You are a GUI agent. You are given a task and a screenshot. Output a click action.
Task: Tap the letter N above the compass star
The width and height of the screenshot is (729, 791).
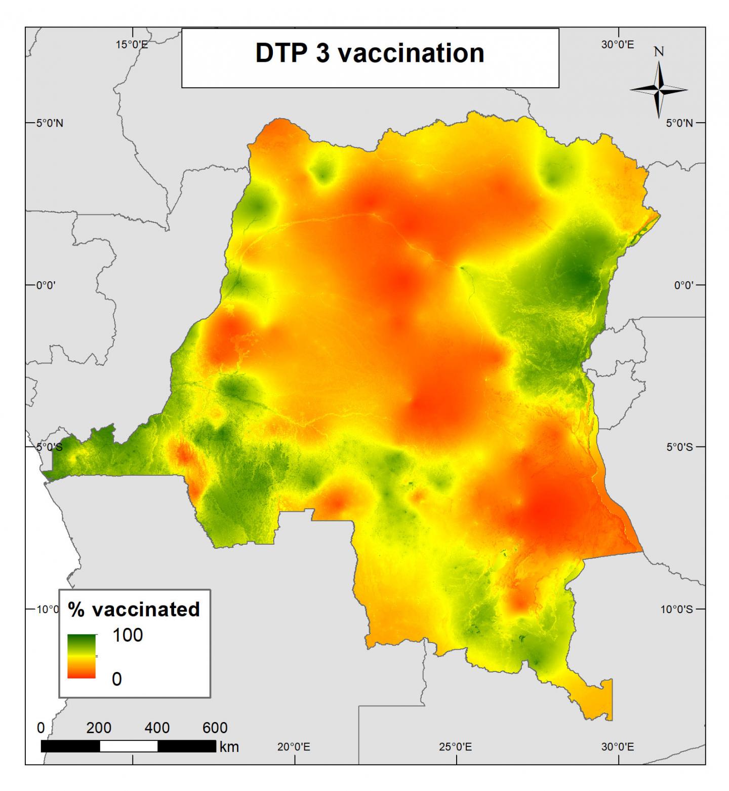(659, 52)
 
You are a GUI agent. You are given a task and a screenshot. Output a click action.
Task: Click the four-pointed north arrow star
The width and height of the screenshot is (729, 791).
(659, 90)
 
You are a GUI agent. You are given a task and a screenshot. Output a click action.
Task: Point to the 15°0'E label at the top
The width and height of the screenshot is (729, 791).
(132, 45)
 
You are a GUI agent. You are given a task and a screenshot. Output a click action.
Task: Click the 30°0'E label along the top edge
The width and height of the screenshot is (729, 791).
(617, 45)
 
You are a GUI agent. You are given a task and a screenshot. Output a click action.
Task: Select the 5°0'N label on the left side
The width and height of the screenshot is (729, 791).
(49, 123)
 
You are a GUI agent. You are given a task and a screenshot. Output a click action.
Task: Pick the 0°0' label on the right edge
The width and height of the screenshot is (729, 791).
(683, 285)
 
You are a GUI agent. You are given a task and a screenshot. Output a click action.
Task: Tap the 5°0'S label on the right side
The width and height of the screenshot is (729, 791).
(679, 447)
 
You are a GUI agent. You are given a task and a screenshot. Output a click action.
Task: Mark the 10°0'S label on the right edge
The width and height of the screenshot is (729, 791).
(676, 609)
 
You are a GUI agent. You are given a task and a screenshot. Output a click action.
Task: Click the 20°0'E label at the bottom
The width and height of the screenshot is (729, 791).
(294, 747)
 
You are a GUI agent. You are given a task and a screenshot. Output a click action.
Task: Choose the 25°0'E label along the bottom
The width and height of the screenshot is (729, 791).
(456, 747)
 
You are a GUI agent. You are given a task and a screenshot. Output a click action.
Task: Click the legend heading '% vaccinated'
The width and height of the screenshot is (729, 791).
(134, 609)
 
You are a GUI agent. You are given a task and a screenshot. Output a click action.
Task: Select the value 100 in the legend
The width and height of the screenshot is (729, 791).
(128, 635)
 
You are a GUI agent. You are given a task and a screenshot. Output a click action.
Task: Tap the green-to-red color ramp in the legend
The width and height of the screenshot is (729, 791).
(82, 656)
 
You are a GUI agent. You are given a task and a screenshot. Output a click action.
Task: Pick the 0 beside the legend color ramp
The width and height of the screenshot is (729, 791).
(116, 679)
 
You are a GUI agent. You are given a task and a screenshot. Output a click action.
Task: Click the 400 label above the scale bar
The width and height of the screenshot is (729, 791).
(157, 728)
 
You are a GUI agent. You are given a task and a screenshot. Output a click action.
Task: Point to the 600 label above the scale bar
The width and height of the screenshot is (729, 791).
(215, 728)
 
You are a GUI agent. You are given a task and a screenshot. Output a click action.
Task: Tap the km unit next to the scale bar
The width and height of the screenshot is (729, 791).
(229, 747)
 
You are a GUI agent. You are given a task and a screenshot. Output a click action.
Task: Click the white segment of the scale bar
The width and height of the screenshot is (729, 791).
(129, 746)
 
